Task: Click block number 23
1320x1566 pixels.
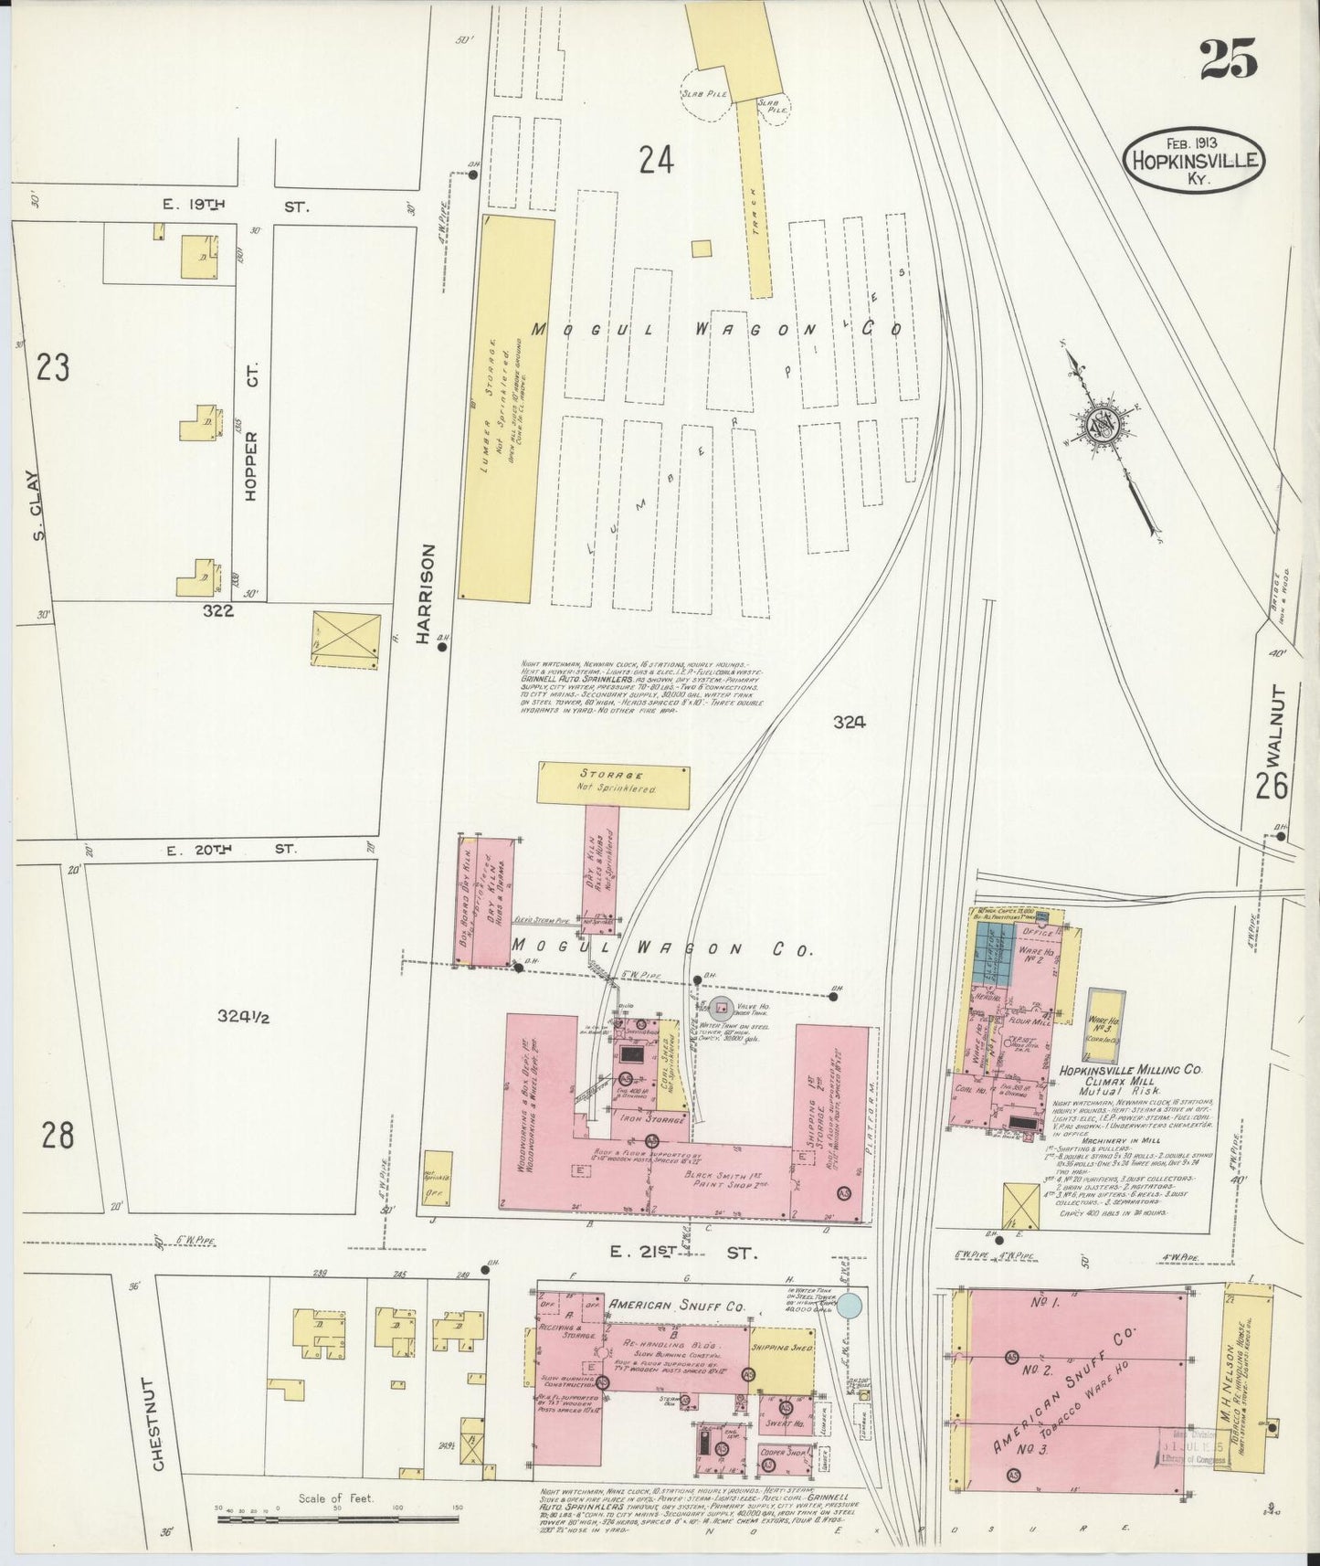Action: tap(53, 368)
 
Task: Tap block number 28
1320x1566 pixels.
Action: tap(57, 1136)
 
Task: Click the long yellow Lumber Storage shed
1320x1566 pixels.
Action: tap(505, 408)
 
